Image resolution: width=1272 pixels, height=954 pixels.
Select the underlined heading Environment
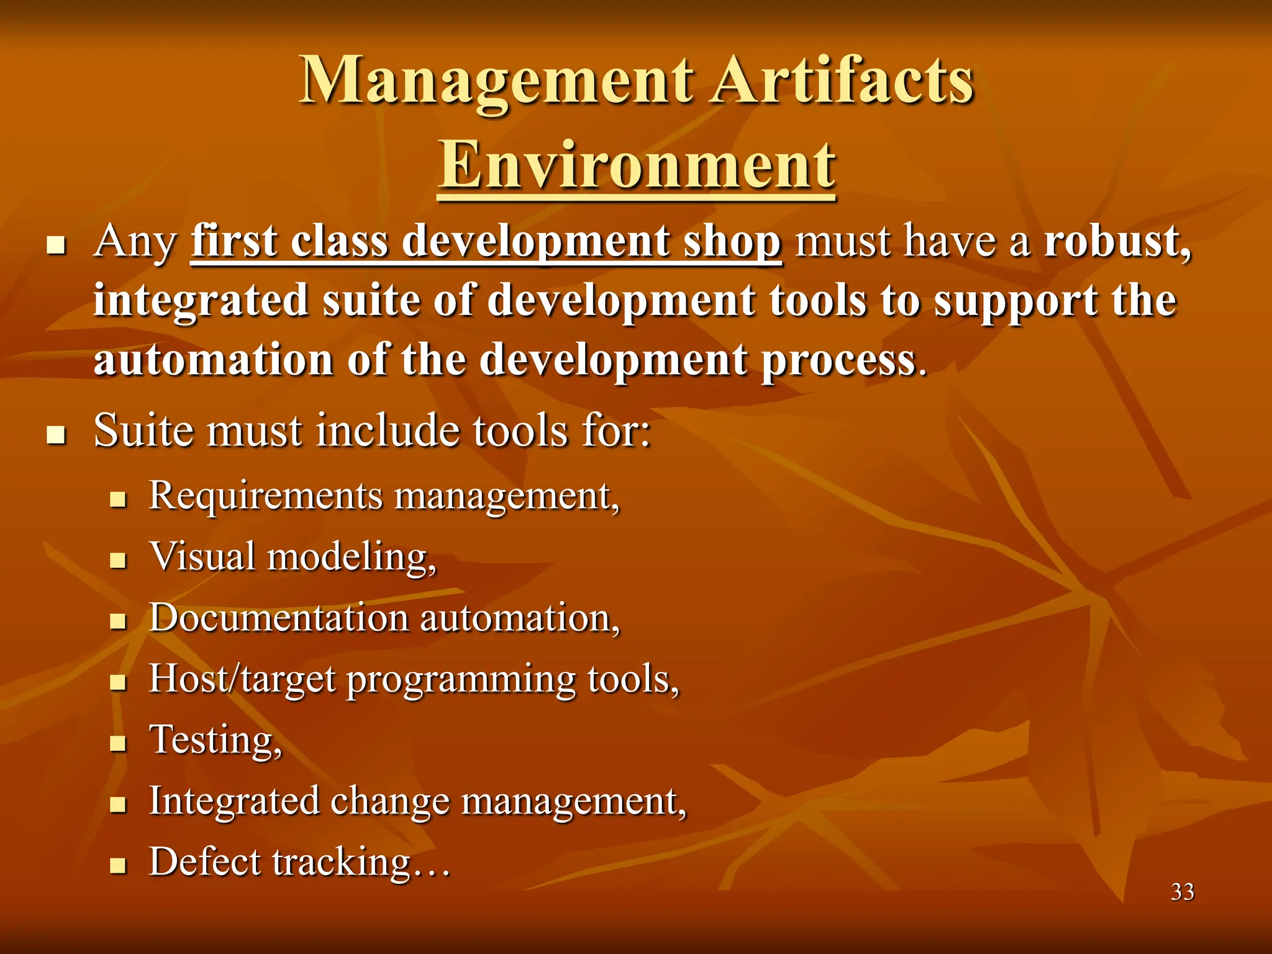point(637,165)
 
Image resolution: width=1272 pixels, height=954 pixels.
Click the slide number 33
point(1182,892)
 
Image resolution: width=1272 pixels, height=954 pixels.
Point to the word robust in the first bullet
point(1116,241)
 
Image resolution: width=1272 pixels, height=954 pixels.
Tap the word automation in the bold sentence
point(213,360)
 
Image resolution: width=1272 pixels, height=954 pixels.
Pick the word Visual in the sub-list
point(202,556)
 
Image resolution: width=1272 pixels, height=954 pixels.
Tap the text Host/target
point(242,679)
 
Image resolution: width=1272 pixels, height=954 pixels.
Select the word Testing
point(215,740)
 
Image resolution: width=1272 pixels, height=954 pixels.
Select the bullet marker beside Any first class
point(57,246)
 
